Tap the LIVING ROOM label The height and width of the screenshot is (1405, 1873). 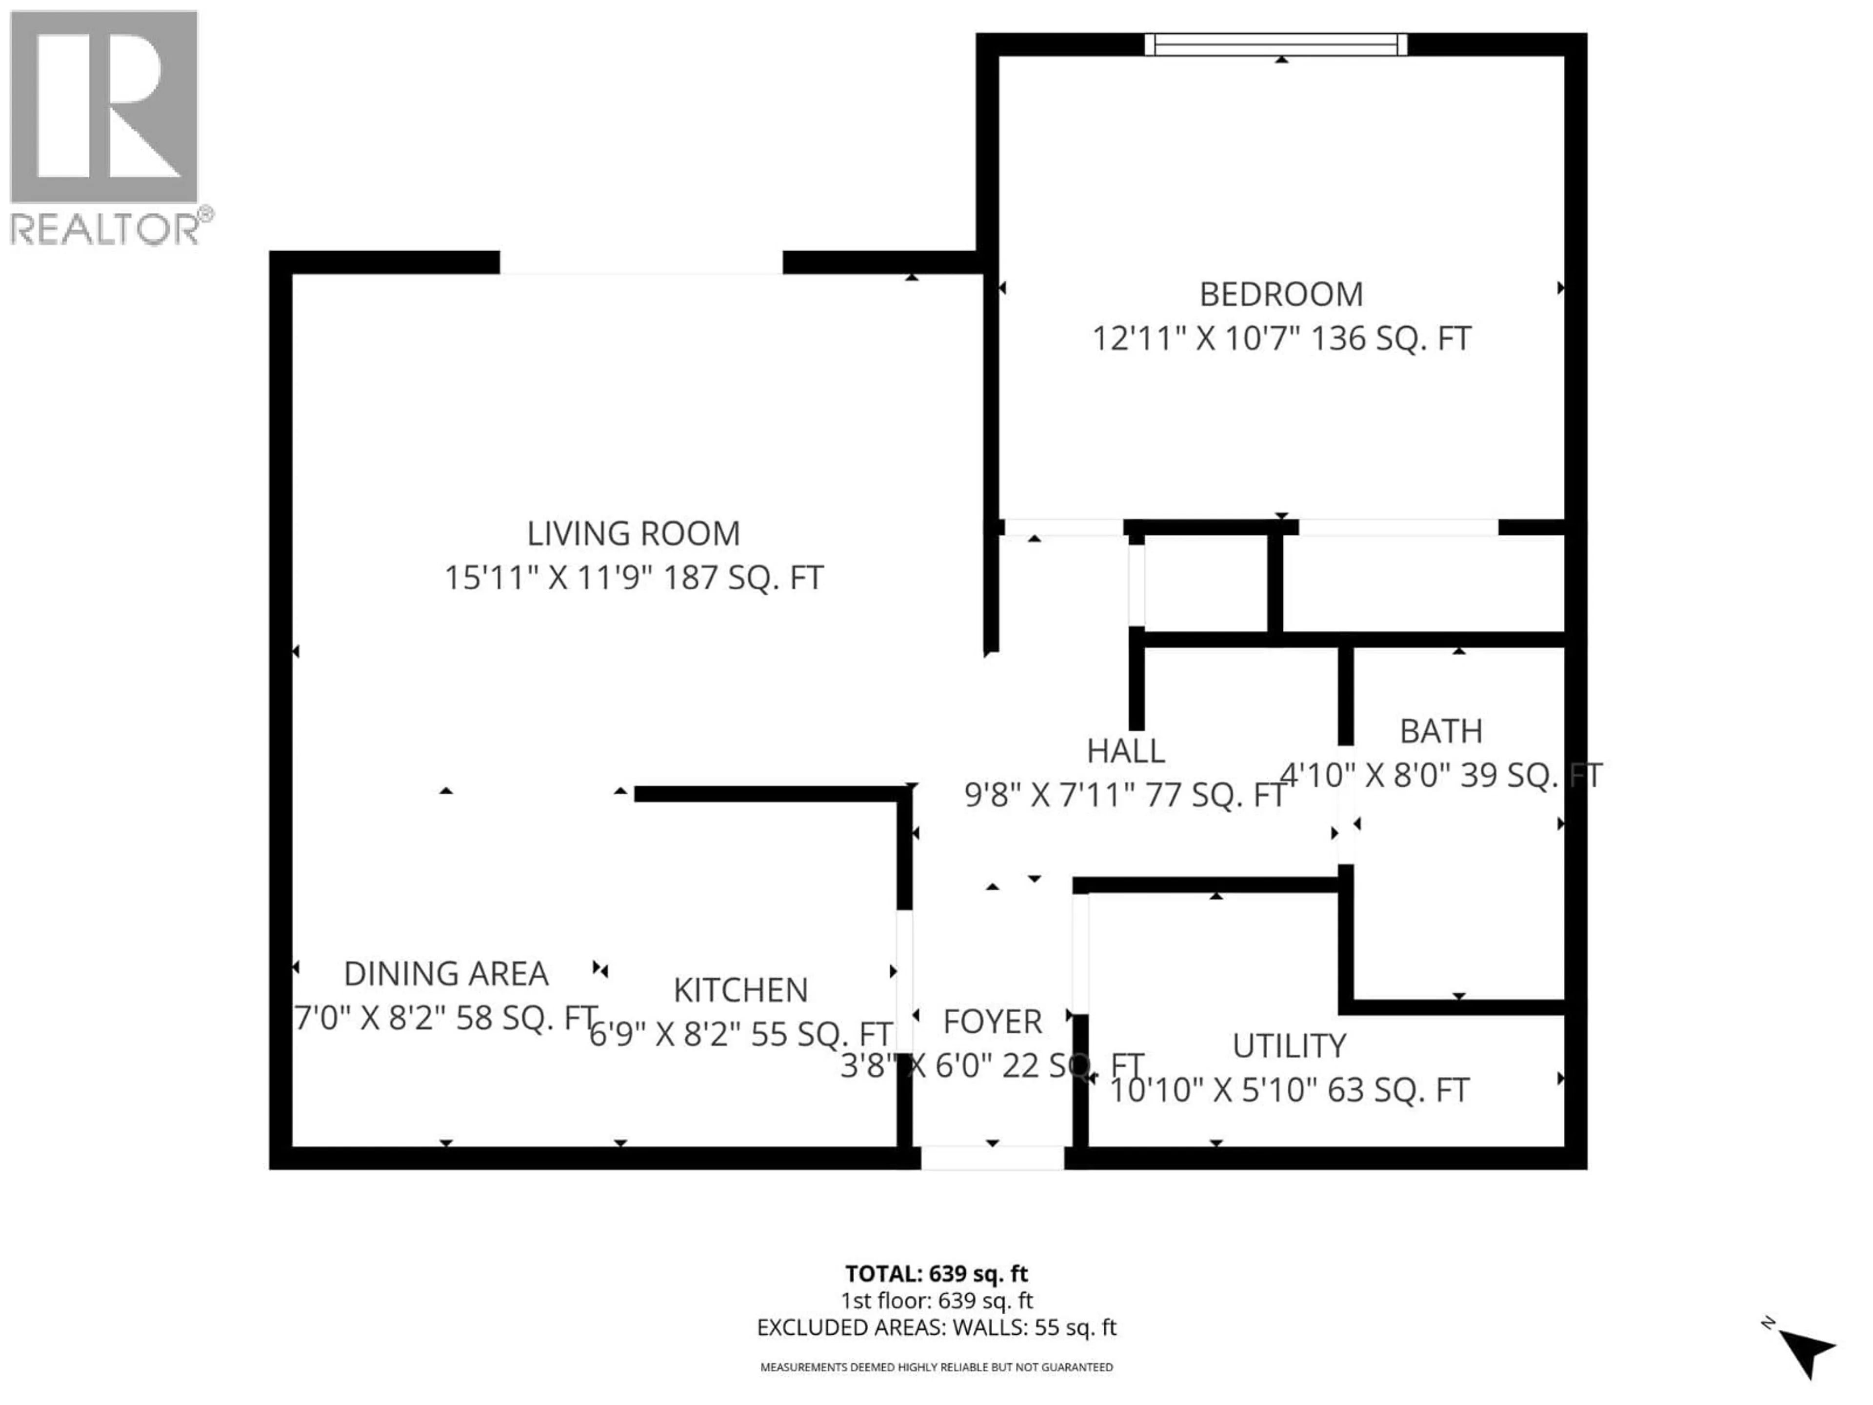click(x=634, y=534)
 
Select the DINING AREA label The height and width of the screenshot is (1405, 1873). click(x=446, y=974)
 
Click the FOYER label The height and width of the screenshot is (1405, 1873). click(x=993, y=1022)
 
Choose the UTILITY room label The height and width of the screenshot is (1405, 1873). click(x=1289, y=1046)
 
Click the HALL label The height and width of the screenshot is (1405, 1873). click(x=1125, y=750)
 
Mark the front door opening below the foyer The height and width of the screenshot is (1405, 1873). click(x=993, y=1158)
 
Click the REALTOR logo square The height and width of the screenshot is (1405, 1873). click(x=104, y=107)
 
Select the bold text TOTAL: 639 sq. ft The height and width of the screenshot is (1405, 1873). click(x=936, y=1274)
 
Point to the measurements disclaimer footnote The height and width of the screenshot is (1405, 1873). click(x=936, y=1367)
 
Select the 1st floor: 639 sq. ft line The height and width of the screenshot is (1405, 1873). click(x=936, y=1301)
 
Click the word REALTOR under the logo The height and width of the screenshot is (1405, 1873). click(x=106, y=229)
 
